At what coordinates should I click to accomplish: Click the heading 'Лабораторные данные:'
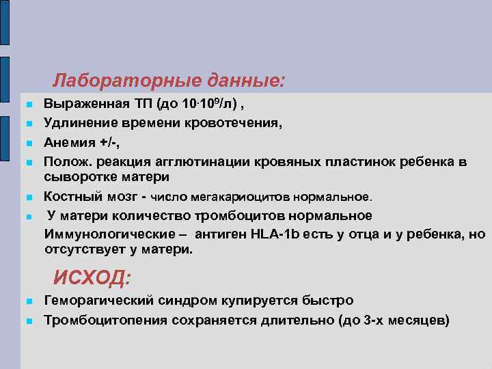click(x=167, y=81)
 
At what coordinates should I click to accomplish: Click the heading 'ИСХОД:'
click(x=92, y=278)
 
